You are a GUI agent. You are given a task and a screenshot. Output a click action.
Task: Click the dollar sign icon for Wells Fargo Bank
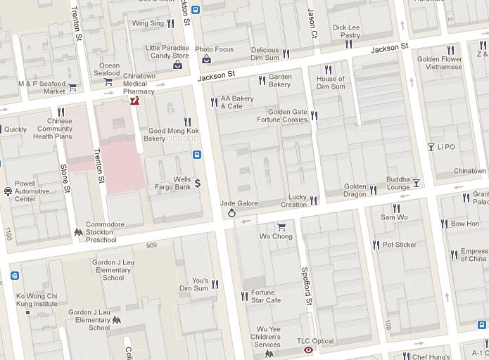click(198, 183)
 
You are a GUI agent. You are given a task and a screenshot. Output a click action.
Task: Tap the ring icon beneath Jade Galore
click(231, 214)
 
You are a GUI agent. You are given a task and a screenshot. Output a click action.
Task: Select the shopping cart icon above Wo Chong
click(281, 226)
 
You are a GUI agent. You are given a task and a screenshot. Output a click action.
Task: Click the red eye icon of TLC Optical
click(308, 349)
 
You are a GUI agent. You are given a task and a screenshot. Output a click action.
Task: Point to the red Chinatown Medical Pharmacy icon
click(134, 101)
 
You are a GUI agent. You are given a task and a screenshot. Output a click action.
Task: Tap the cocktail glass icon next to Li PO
click(431, 147)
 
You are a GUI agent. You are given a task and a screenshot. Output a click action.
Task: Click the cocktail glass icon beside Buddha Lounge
click(416, 183)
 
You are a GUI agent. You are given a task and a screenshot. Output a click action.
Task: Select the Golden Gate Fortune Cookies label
click(287, 115)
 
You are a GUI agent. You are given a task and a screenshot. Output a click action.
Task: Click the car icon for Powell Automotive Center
click(8, 191)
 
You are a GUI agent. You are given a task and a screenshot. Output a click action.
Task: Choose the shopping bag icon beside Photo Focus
click(206, 59)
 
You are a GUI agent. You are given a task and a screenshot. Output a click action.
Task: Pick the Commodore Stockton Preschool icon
click(78, 232)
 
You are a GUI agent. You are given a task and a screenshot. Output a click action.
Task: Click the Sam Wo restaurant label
click(394, 217)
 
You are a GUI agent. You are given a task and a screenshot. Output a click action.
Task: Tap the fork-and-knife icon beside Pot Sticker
click(376, 245)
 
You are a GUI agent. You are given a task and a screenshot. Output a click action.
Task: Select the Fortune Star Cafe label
click(265, 296)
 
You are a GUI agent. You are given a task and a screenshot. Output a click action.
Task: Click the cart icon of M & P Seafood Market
click(72, 87)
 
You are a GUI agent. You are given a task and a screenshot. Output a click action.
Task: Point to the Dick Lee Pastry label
click(345, 32)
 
